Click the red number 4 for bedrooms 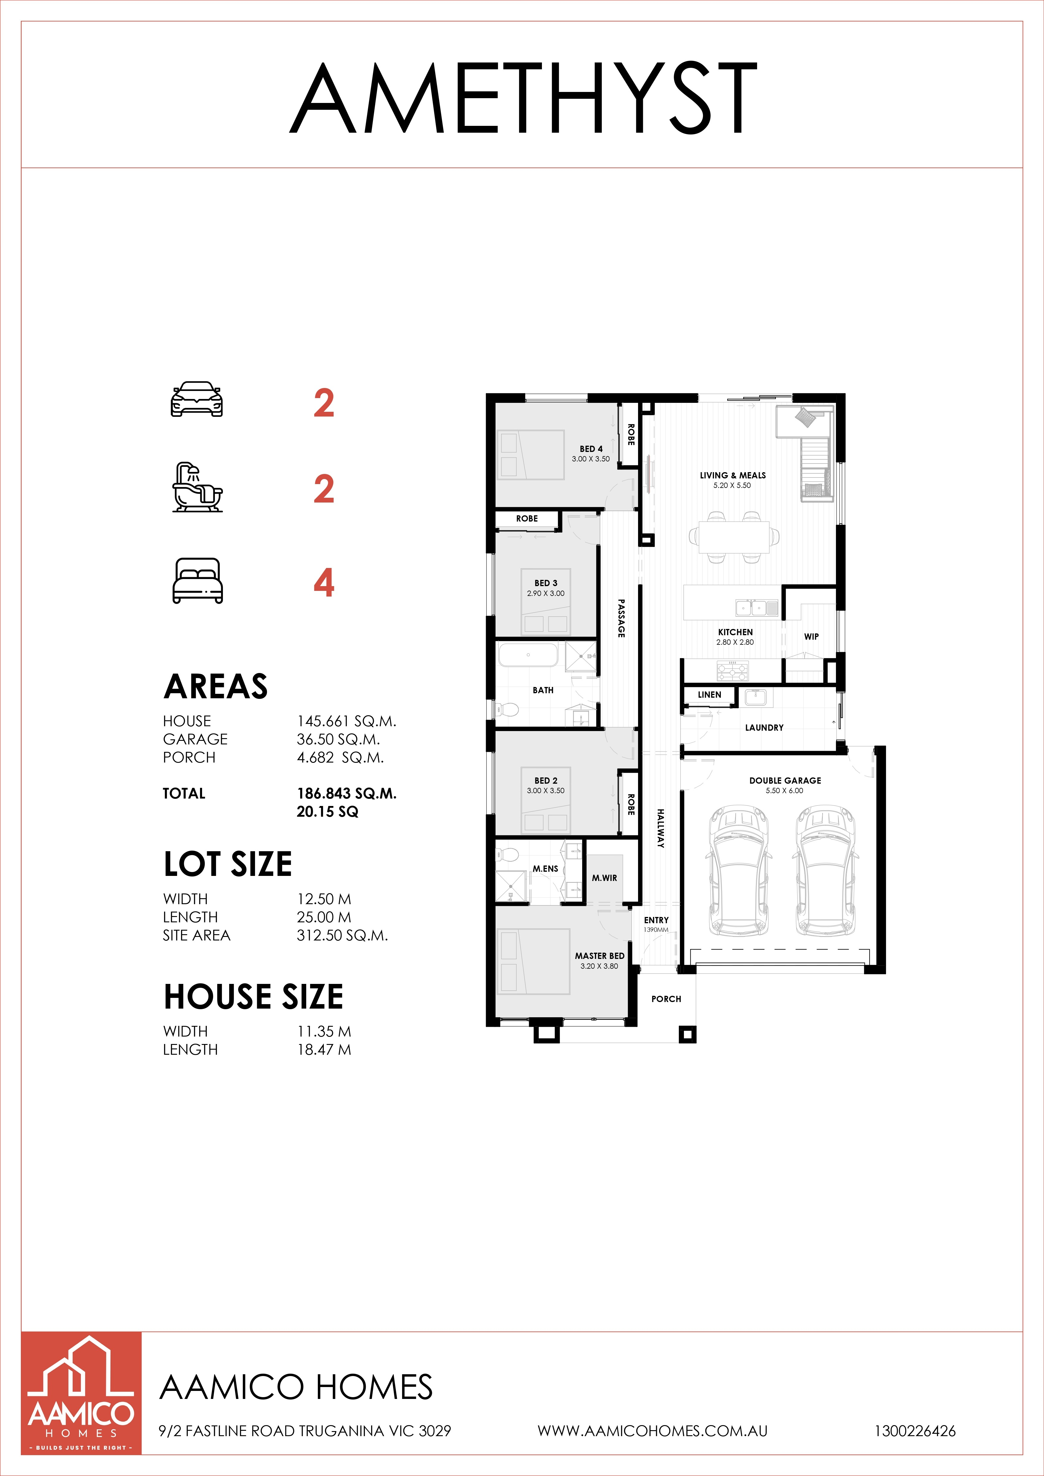(324, 583)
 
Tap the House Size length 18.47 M (324, 1049)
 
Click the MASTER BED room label (599, 956)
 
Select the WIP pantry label (811, 636)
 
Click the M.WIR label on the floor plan (604, 877)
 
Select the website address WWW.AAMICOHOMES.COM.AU (652, 1431)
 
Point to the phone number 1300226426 (915, 1431)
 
